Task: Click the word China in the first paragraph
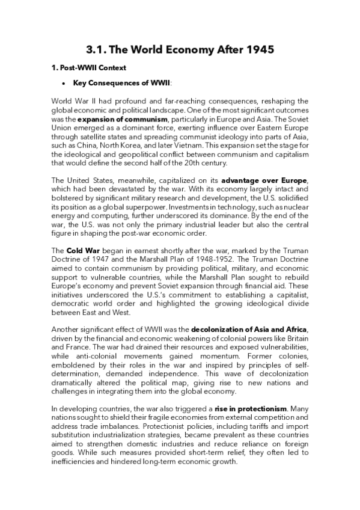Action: [88, 146]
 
